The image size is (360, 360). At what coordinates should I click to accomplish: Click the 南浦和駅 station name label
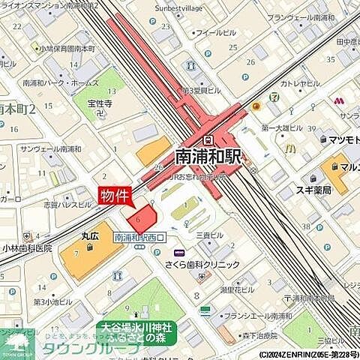tap(209, 156)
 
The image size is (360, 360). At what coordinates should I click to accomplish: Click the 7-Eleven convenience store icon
tap(274, 97)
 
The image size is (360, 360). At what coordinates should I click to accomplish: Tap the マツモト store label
tap(341, 139)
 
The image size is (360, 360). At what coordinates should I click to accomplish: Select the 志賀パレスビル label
tap(67, 204)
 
